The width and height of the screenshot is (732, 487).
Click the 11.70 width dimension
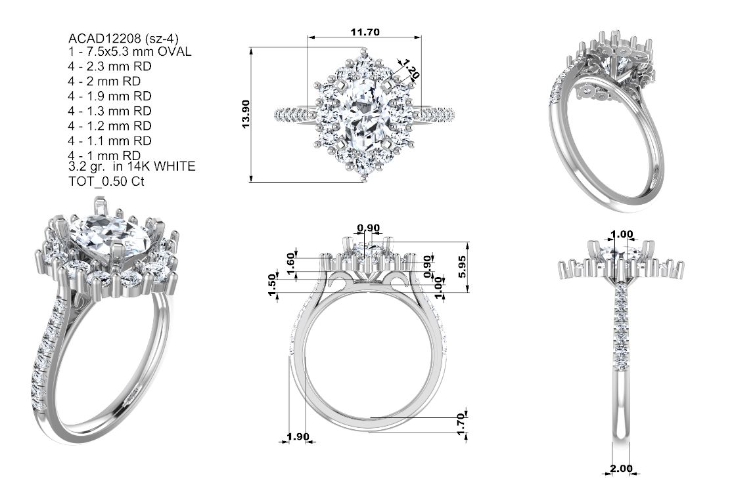pos(365,32)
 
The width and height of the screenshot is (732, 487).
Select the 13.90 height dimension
pos(246,114)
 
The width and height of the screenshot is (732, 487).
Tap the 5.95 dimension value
pos(462,267)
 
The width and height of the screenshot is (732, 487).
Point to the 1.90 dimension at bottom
pos(298,436)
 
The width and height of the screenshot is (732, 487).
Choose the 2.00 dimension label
pos(622,469)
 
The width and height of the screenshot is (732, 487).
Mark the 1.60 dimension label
pos(291,263)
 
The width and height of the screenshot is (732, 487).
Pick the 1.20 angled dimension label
pos(410,69)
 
